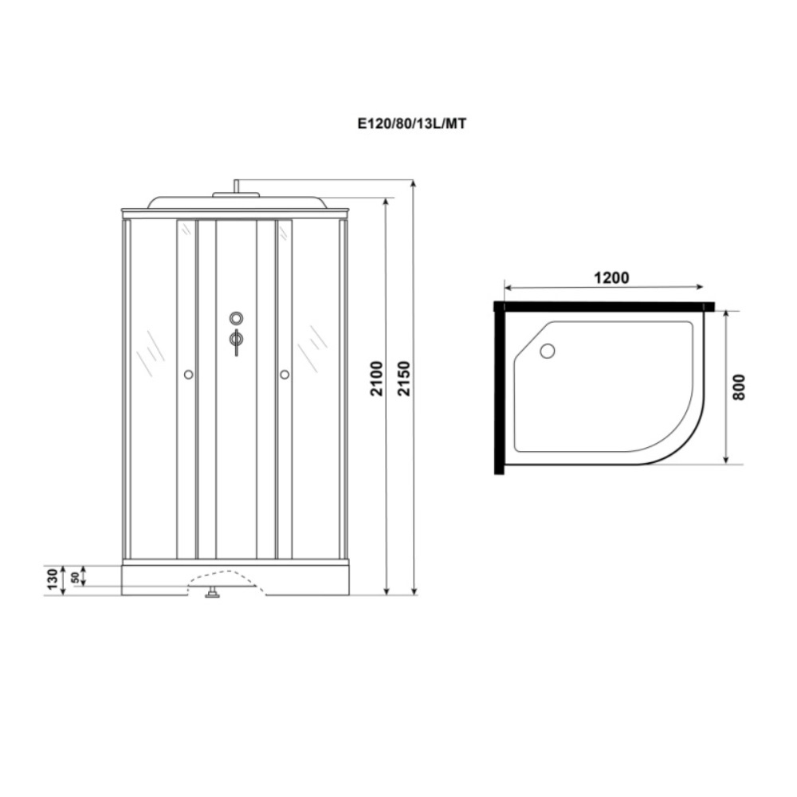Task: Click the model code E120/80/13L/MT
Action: [x=411, y=124]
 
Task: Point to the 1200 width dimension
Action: [x=611, y=277]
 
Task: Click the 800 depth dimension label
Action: [x=739, y=387]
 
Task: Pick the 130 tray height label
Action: [x=53, y=579]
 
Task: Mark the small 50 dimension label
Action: [x=75, y=577]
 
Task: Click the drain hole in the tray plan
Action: [x=548, y=351]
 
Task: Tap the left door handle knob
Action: [x=189, y=375]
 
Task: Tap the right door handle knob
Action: [x=285, y=375]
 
